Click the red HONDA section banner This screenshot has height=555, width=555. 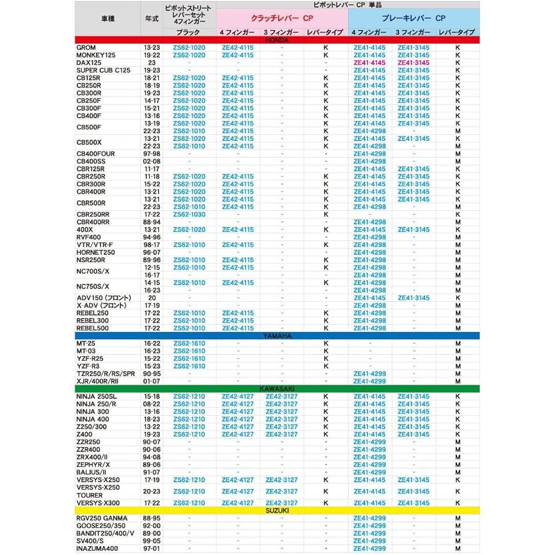(277, 40)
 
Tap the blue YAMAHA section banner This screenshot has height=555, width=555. (277, 336)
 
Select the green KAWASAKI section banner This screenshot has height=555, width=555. (277, 389)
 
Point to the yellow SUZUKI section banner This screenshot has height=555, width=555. (277, 511)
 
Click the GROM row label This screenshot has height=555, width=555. (86, 48)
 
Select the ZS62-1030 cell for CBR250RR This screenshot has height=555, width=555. (189, 214)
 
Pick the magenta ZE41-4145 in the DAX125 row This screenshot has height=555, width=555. (369, 63)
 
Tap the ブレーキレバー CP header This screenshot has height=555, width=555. (413, 18)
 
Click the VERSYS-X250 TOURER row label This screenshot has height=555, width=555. (98, 491)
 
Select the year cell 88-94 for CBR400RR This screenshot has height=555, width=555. (152, 222)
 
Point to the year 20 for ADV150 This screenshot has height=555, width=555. (152, 298)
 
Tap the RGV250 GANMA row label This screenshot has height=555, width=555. (102, 518)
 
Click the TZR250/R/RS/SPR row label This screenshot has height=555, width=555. (105, 374)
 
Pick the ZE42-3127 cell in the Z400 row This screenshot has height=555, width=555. (281, 435)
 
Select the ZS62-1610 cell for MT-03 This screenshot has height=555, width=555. (189, 351)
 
